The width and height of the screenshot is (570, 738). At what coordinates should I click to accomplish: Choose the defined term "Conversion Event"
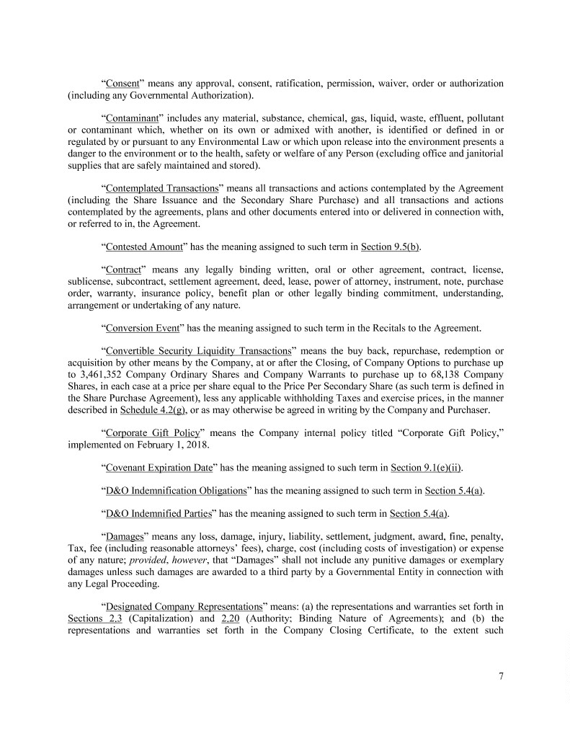[x=142, y=328]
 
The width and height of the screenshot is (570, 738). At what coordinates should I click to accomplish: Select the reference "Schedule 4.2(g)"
[x=151, y=409]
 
